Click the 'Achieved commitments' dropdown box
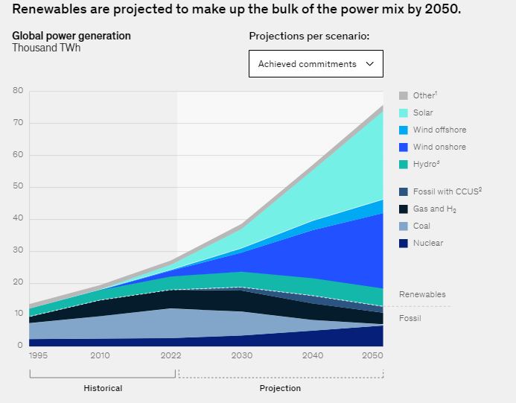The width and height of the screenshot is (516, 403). coord(316,64)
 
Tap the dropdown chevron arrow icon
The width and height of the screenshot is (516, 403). coord(369,64)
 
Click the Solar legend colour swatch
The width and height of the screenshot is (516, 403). coord(404,112)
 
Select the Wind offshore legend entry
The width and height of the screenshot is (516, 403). coord(439,130)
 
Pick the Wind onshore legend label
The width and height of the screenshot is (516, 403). coord(439,147)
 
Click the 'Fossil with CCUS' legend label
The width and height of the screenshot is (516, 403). coord(447,191)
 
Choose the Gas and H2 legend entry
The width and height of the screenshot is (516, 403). coord(434,209)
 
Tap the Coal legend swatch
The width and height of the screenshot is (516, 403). coord(404,226)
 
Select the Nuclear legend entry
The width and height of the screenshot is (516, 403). coord(427,243)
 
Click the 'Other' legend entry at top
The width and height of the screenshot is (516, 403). coord(424,95)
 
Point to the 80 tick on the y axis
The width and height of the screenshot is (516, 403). coord(18,91)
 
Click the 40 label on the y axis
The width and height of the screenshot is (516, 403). coord(18,219)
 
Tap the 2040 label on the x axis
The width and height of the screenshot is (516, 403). coord(313,355)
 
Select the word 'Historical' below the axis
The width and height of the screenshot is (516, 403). coord(103,388)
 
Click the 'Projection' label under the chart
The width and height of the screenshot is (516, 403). coord(280,388)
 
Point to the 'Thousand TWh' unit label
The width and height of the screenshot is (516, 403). coord(46,48)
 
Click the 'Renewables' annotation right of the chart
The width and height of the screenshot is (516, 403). coord(422,294)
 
